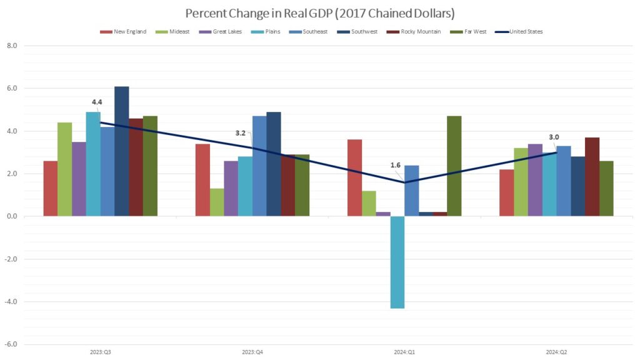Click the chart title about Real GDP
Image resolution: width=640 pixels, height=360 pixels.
click(319, 13)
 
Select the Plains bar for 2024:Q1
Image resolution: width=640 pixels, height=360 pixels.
click(397, 262)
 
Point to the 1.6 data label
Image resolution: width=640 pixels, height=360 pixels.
click(396, 166)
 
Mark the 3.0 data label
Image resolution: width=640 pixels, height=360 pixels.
click(554, 137)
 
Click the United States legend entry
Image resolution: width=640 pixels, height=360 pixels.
click(524, 31)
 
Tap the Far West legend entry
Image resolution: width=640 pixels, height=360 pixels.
click(466, 31)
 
